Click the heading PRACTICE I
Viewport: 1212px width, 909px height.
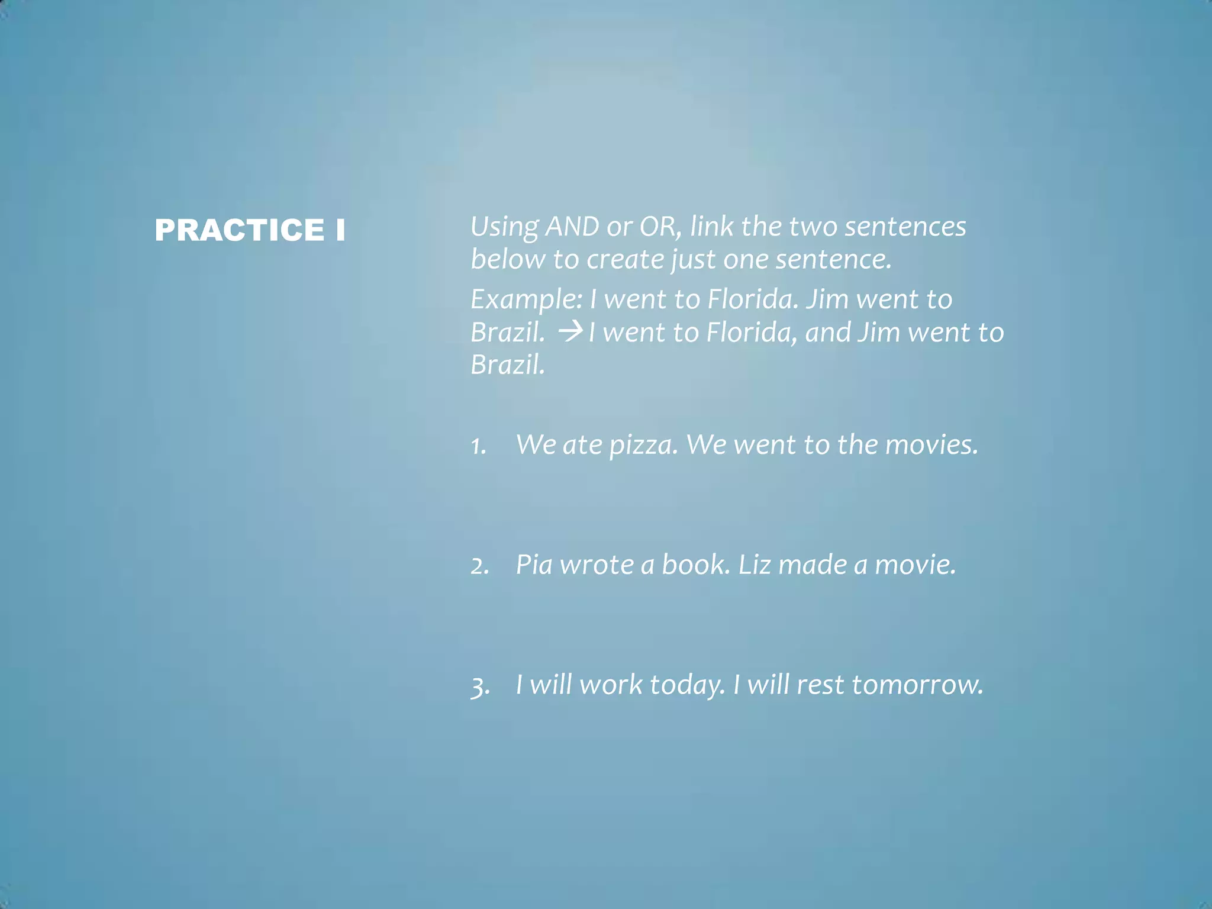coord(250,230)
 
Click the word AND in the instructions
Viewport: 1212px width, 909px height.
coord(572,227)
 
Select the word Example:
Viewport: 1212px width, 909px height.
coord(526,299)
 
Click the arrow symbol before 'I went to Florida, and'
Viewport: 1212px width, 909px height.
coord(570,331)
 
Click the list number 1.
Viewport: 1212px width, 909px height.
coord(478,446)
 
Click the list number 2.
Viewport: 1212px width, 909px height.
coord(479,566)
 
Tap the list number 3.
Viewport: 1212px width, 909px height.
coord(480,686)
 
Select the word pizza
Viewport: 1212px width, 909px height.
coord(643,445)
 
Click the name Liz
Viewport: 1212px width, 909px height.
coord(755,565)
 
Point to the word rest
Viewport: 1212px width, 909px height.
coord(820,685)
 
